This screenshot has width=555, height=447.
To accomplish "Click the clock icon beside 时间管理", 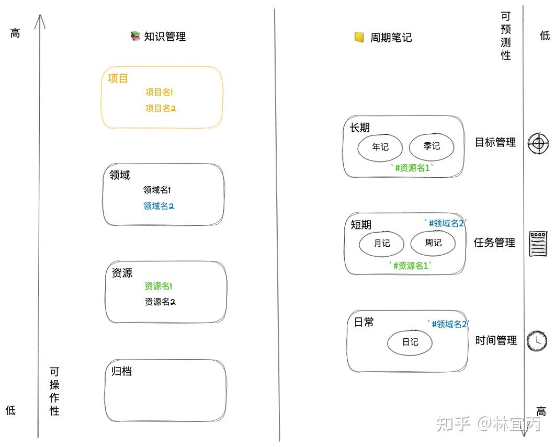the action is [x=537, y=340].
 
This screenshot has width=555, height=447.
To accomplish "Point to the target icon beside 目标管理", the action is [x=538, y=143].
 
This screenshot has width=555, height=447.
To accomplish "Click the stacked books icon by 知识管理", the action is [x=135, y=36].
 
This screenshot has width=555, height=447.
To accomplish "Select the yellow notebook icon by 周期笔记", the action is [x=359, y=37].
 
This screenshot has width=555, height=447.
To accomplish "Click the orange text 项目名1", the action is [x=159, y=93].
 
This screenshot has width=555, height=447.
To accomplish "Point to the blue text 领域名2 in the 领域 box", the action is [x=158, y=206].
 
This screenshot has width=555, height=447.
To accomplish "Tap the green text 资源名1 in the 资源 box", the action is [x=158, y=286].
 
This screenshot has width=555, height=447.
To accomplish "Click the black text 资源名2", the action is [x=160, y=302].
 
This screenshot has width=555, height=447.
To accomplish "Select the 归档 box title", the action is [x=121, y=371].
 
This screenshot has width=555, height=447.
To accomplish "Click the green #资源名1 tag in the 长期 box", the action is [x=412, y=168].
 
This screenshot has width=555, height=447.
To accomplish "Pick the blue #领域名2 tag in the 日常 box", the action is [x=448, y=324].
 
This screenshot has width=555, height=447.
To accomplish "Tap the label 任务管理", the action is [x=494, y=243].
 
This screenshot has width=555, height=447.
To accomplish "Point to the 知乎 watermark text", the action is [x=453, y=423].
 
